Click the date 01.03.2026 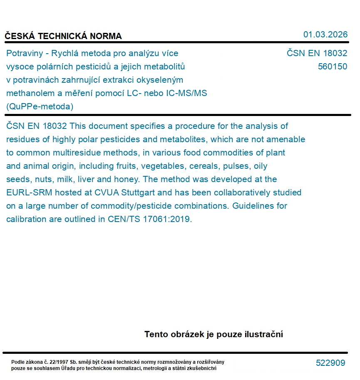click(325, 35)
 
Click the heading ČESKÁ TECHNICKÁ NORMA click(63, 36)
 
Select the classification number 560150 click(332, 67)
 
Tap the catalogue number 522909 click(330, 363)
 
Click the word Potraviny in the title click(24, 53)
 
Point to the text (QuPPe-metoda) click(40, 106)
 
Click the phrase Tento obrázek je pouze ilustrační click(214, 334)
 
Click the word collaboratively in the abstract click(238, 192)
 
